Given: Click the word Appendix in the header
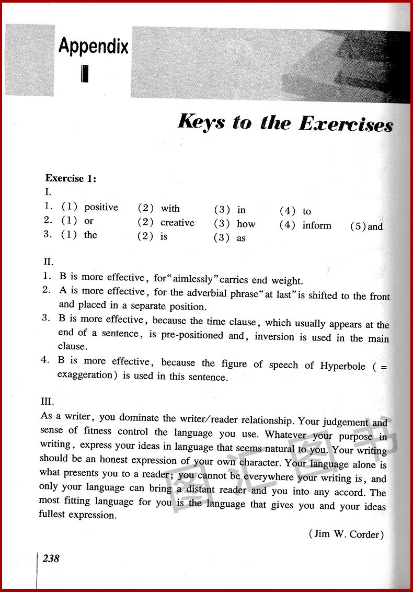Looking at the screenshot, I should tap(93, 47).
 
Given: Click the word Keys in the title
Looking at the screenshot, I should tap(202, 121).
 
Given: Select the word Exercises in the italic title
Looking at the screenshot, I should tap(346, 124).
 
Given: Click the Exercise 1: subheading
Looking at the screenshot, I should tap(71, 178).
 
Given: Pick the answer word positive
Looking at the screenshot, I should tap(101, 207).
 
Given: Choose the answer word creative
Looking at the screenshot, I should tap(177, 223).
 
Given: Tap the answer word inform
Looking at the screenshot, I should tap(317, 225).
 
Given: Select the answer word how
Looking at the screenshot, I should tap(246, 224).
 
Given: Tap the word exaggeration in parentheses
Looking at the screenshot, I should tap(85, 375).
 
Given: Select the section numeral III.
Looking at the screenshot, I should tap(47, 402).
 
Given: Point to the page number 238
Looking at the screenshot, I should tap(51, 559).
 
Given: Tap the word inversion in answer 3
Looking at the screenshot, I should tap(275, 337).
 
